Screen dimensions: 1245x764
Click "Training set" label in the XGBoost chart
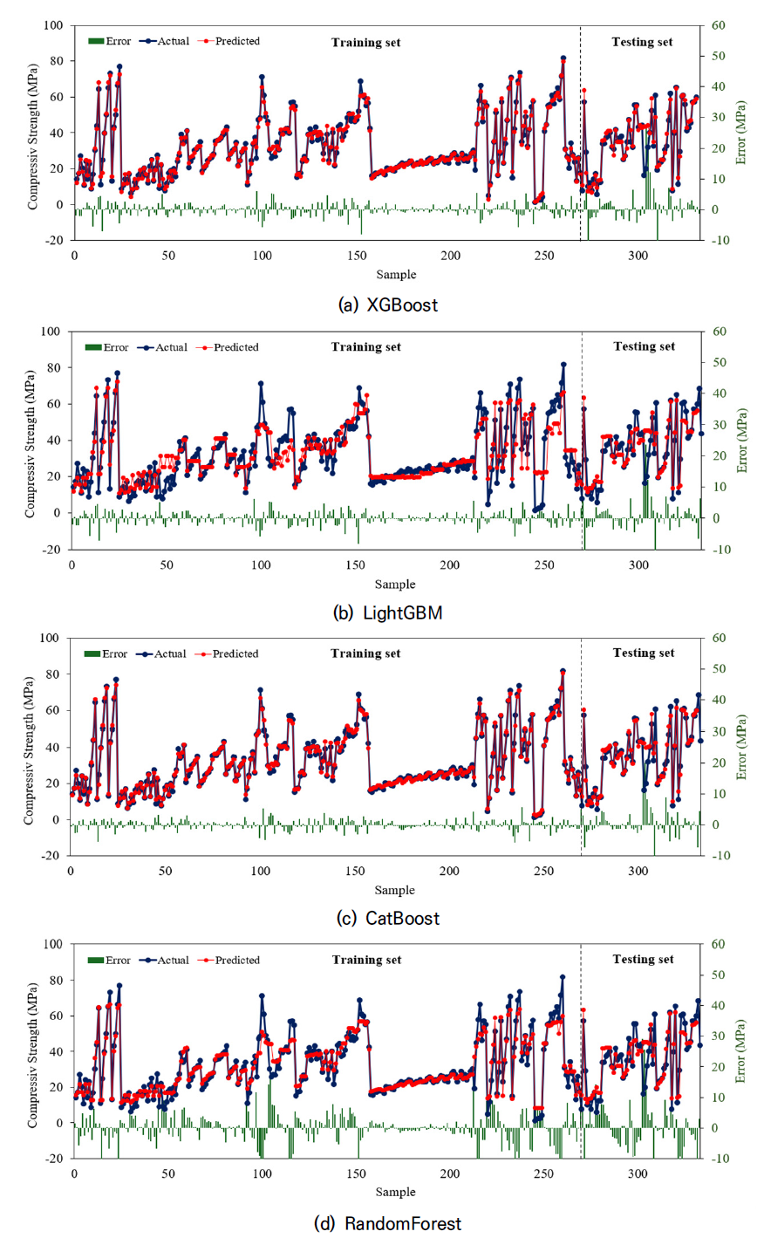365,42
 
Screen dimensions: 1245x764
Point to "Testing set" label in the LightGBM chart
644,346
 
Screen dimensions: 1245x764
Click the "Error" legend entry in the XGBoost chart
110,41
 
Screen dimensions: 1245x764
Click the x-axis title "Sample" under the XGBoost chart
396,275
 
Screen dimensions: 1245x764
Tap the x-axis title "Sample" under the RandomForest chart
395,1192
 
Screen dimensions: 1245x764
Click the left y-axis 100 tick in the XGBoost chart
54,25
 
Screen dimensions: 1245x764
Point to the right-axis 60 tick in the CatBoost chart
720,638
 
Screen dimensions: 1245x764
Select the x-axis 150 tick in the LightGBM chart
355,565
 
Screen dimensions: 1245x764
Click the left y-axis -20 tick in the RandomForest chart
53,1159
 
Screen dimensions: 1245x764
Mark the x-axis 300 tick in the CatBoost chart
638,872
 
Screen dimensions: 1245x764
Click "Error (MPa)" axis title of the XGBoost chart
740,133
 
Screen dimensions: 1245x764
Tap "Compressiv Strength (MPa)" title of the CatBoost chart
30,747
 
